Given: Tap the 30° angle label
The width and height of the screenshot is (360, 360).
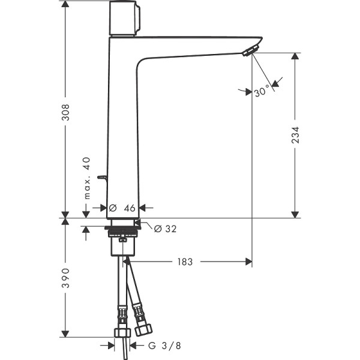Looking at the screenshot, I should (x=262, y=92).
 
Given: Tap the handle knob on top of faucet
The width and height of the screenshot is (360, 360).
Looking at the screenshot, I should (x=124, y=18).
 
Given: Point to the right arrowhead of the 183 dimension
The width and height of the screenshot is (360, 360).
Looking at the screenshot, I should (x=247, y=262).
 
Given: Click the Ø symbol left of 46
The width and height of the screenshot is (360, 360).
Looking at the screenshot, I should (x=112, y=208).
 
